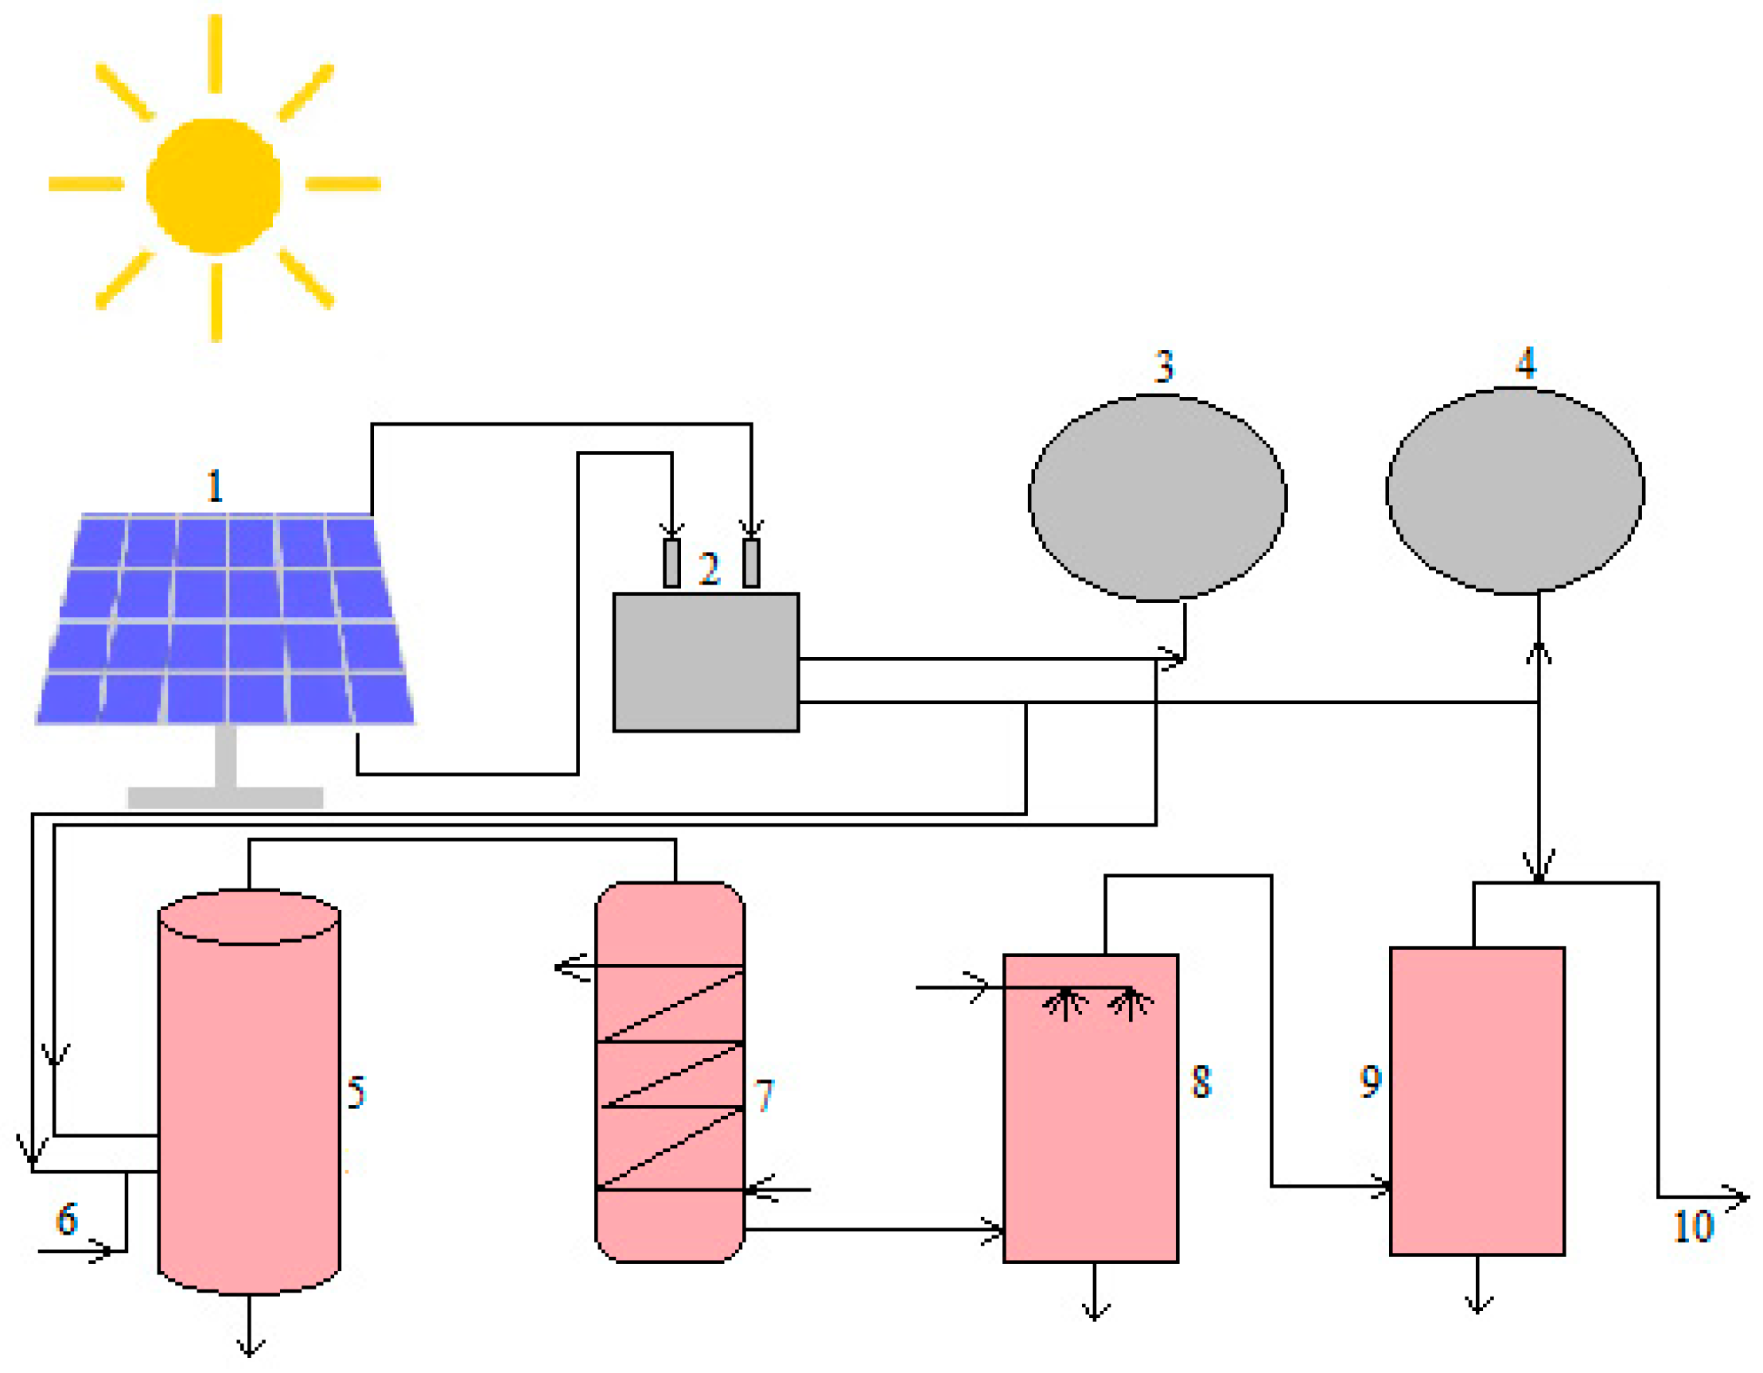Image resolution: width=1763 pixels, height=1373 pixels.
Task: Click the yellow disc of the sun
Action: [x=213, y=185]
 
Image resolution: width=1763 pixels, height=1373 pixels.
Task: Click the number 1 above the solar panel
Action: [x=214, y=486]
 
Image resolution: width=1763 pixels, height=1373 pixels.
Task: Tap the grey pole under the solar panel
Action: [x=226, y=756]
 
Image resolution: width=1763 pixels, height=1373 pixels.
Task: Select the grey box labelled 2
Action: [x=706, y=663]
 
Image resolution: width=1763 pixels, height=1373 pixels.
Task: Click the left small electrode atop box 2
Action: [x=671, y=562]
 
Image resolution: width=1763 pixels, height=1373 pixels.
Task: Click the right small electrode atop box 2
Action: [x=751, y=562]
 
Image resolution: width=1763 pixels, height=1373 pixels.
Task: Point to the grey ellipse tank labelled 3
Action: [x=1157, y=498]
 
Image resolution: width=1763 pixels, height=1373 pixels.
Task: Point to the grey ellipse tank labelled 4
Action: [x=1514, y=491]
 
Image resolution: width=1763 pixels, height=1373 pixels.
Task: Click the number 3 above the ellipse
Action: [x=1163, y=367]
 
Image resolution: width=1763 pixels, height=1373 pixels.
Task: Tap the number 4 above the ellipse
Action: [x=1525, y=363]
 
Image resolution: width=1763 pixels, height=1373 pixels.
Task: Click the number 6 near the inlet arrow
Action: [x=67, y=1219]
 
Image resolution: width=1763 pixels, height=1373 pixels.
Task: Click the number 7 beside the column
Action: [x=764, y=1095]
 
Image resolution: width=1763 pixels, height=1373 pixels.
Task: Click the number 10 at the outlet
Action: [x=1692, y=1226]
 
